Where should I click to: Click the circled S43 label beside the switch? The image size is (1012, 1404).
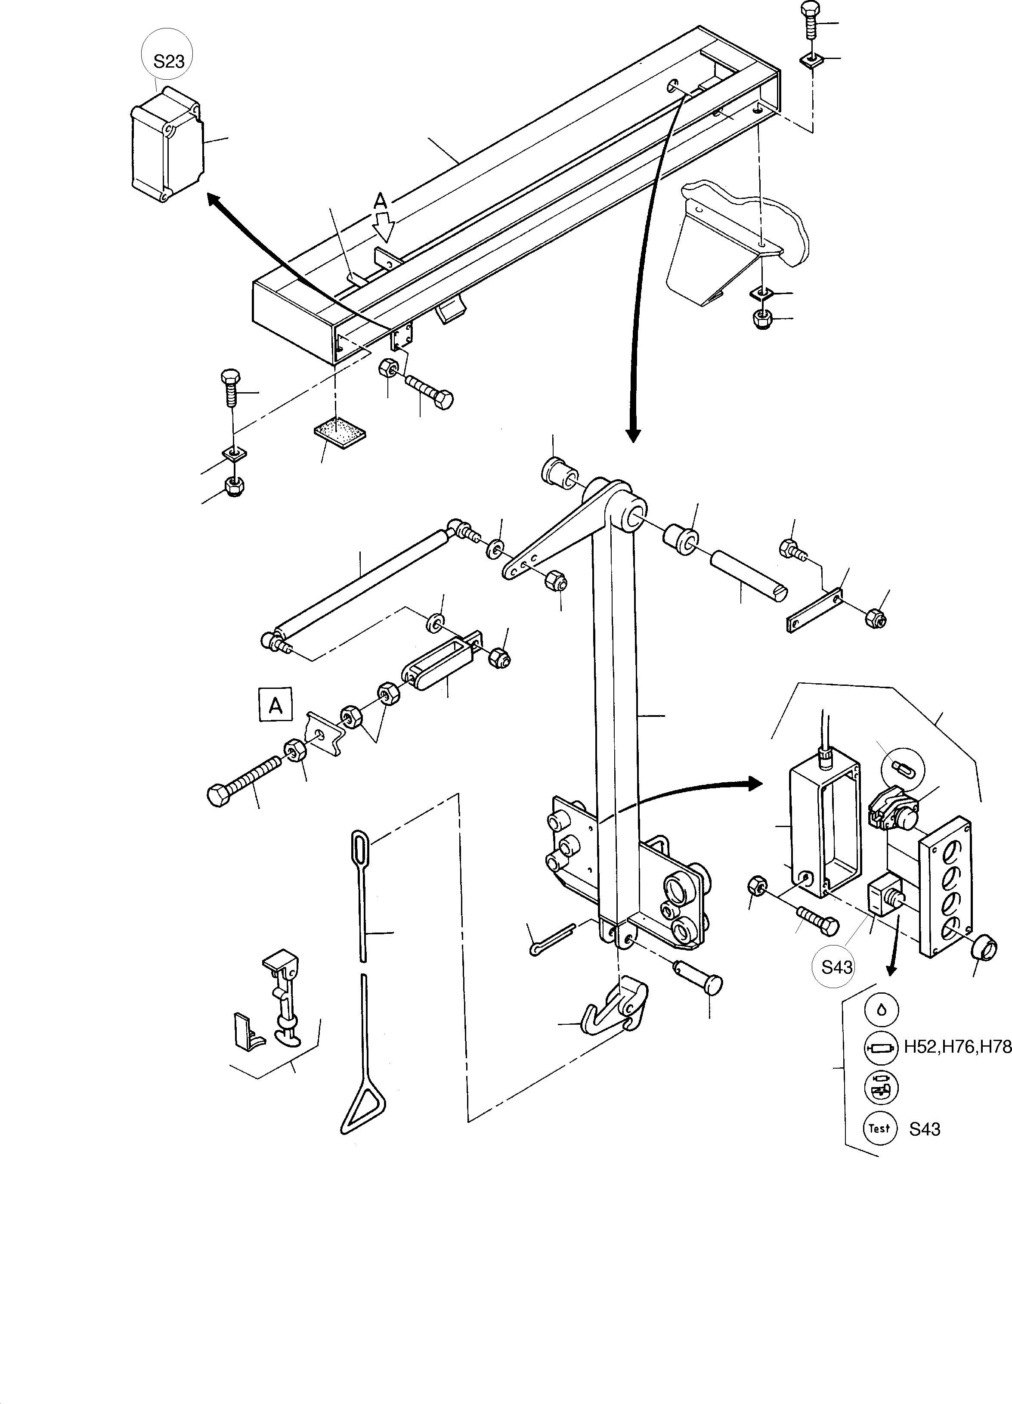[x=836, y=966]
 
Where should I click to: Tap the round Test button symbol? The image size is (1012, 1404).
[x=879, y=1128]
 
